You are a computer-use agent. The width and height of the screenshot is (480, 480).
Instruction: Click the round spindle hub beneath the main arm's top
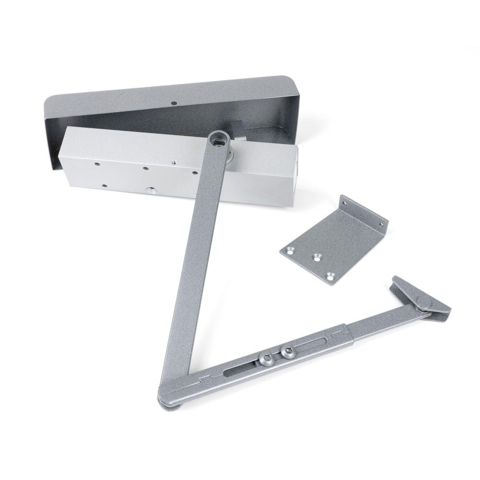coord(231,154)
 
